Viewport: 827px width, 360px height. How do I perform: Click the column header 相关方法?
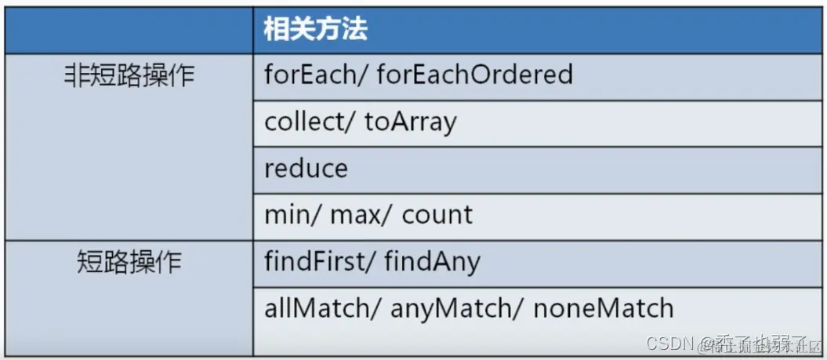click(x=316, y=30)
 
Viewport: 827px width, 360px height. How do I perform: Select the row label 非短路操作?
click(x=129, y=76)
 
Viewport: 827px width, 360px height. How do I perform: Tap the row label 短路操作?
click(x=129, y=261)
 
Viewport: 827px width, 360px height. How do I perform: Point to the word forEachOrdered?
click(x=475, y=75)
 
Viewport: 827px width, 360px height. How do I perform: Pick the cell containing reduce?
click(x=306, y=169)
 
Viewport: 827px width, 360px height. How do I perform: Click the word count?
click(x=437, y=215)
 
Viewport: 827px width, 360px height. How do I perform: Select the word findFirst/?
click(x=319, y=261)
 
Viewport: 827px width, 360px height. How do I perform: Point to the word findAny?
click(x=432, y=262)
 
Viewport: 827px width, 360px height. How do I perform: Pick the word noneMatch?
click(x=604, y=308)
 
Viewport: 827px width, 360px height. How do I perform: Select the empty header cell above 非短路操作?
click(x=129, y=30)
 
